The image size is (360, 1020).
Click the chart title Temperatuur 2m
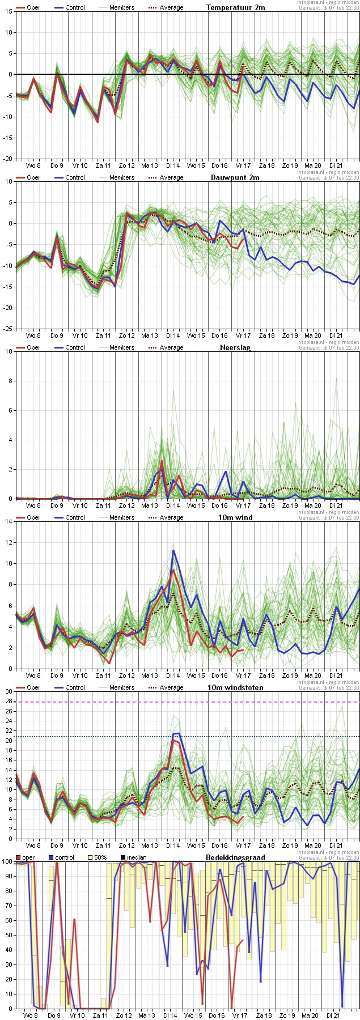235,7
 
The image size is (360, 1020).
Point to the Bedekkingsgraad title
235,857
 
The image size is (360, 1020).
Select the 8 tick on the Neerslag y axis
10,381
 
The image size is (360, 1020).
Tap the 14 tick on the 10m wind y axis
8,521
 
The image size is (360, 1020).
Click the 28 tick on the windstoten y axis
8,702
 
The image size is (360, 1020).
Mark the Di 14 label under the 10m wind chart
173,675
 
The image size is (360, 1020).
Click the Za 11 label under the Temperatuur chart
103,165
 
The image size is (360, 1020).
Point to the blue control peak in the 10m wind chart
173,550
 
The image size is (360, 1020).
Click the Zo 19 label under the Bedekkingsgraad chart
290,1015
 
